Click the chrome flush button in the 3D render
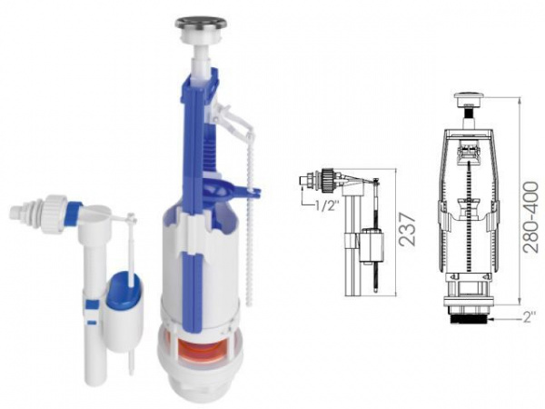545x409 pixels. [201, 25]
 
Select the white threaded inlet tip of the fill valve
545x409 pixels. [17, 211]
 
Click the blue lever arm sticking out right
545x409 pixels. [243, 191]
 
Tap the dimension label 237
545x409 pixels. [407, 230]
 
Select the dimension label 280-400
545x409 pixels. [530, 216]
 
